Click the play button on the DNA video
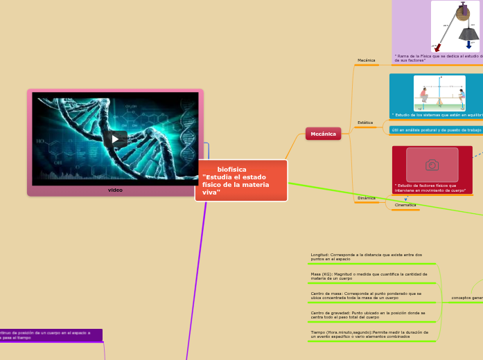point(115,138)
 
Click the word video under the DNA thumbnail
point(115,190)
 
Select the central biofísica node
point(240,180)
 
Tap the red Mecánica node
point(323,134)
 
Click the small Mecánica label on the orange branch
point(366,60)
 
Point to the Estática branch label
point(365,123)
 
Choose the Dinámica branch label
point(366,198)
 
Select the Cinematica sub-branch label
point(405,205)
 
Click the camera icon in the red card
point(432,165)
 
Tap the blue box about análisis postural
point(436,129)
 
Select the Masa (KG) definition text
point(369,276)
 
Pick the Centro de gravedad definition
point(368,315)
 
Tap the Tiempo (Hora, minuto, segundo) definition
point(369,334)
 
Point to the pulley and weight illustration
point(455,26)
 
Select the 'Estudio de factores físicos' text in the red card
point(430,188)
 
